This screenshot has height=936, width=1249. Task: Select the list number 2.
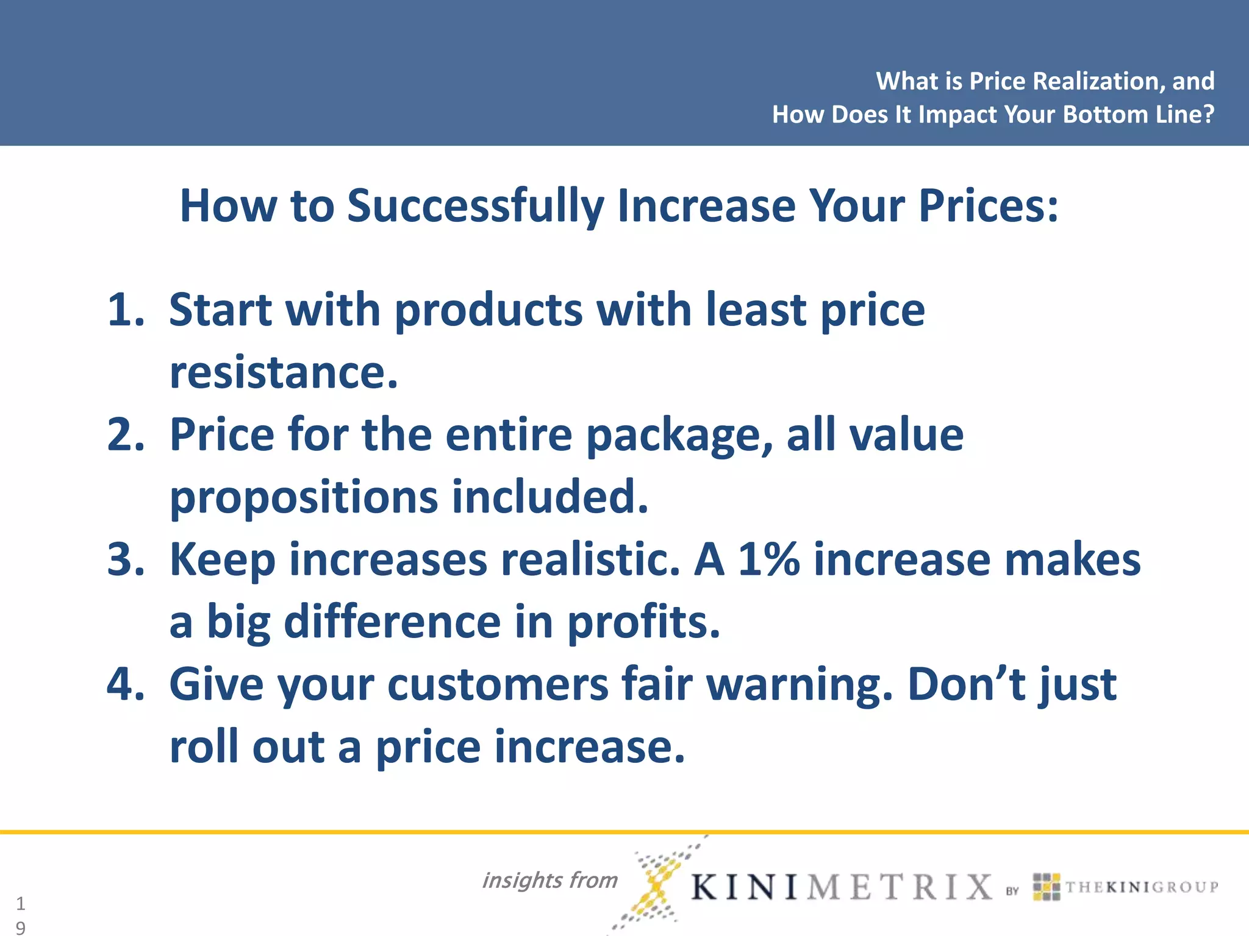(125, 434)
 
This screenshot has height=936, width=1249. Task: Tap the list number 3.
(125, 559)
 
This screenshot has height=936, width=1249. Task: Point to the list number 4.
(125, 684)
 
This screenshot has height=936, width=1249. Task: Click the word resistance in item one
(283, 372)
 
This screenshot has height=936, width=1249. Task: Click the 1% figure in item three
(768, 559)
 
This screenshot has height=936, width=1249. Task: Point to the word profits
(643, 622)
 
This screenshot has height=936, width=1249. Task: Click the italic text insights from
(549, 880)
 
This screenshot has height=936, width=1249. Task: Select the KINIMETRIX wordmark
(842, 887)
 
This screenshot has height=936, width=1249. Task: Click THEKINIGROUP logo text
(1141, 887)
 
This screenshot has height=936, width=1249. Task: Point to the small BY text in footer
(1012, 891)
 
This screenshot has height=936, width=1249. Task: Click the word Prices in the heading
(988, 206)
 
